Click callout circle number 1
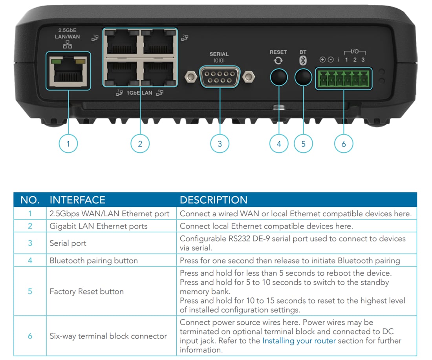68,144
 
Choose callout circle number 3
220,144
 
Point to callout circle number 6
344,144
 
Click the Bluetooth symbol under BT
303,60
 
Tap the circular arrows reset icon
278,60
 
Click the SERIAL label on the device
219,54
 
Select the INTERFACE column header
77,200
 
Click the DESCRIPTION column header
213,200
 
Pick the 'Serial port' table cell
68,243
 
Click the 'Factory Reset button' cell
86,292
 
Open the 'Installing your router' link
299,341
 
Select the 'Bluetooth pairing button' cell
93,261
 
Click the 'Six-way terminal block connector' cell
108,336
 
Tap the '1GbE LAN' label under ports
140,93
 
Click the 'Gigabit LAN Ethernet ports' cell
99,226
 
